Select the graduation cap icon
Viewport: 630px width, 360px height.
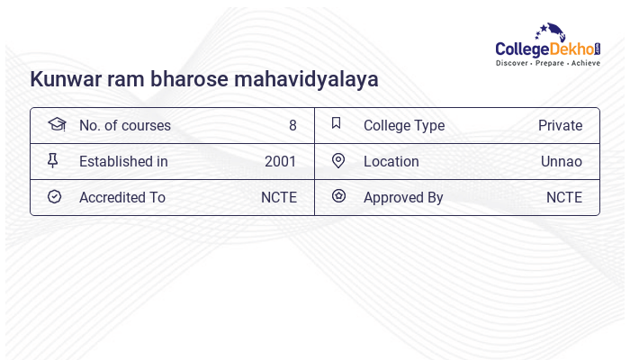click(x=57, y=124)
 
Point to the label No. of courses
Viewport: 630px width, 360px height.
click(x=124, y=125)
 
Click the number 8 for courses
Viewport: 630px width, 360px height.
click(x=292, y=125)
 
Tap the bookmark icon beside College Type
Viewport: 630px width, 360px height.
click(x=336, y=123)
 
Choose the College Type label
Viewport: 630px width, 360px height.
click(x=403, y=125)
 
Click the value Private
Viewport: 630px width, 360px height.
click(x=560, y=125)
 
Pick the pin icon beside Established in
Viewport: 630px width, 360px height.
click(x=53, y=160)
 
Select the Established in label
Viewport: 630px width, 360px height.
click(x=123, y=161)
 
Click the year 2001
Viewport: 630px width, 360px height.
click(x=280, y=161)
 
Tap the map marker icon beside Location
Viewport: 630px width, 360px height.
click(x=338, y=160)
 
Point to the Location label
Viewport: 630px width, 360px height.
click(x=391, y=161)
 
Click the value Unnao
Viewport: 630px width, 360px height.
click(x=561, y=161)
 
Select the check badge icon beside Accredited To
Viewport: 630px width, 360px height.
click(x=54, y=196)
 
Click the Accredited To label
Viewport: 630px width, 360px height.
click(x=121, y=197)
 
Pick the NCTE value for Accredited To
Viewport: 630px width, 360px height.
click(x=278, y=197)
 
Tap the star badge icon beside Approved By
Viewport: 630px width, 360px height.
click(x=338, y=195)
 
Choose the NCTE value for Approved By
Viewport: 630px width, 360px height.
click(x=563, y=197)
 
